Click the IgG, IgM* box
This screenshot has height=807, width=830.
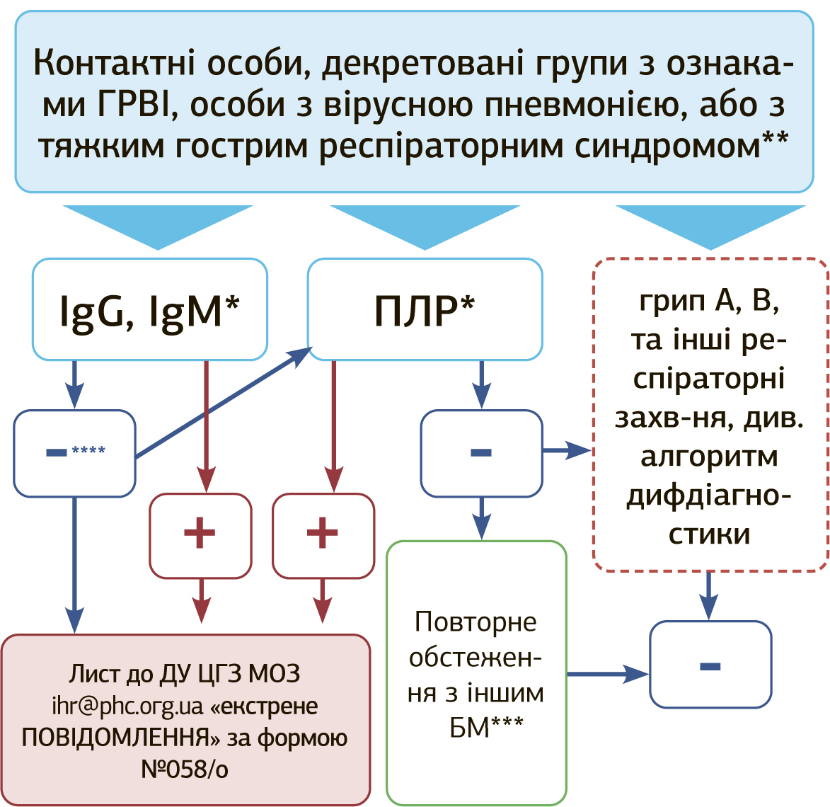pos(150,309)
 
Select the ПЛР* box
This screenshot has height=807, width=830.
pos(425,309)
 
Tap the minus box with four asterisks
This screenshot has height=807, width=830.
pos(74,453)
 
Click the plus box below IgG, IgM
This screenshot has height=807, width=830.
pos(200,535)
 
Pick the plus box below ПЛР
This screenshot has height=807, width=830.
pos(323,535)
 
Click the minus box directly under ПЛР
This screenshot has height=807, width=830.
pos(481,453)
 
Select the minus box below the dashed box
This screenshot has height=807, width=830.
pos(710,665)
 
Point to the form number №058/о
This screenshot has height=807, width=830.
pos(185,769)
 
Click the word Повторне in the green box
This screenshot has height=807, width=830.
pos(475,622)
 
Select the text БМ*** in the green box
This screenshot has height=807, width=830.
pos(486,727)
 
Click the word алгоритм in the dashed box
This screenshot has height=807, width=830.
pos(709,457)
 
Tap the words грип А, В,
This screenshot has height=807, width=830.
pos(709,301)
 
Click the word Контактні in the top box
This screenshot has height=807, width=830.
pos(114,63)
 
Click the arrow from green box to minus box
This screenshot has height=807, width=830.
pos(607,674)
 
